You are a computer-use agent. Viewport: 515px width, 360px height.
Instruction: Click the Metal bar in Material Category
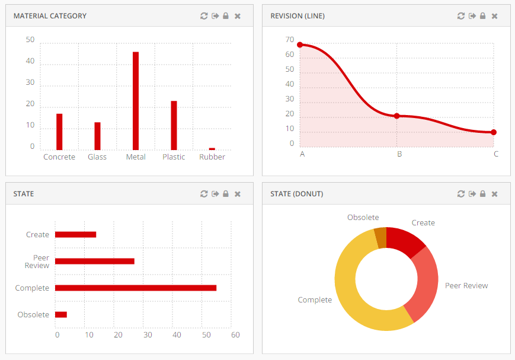pyautogui.click(x=136, y=101)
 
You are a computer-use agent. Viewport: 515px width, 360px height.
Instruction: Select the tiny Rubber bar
pyautogui.click(x=212, y=149)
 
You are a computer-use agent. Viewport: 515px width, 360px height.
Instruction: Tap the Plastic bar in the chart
pyautogui.click(x=174, y=125)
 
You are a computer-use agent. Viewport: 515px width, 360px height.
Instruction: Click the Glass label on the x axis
pyautogui.click(x=97, y=157)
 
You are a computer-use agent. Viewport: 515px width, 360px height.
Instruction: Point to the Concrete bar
pyautogui.click(x=59, y=132)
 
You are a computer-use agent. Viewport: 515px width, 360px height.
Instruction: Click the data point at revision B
pyautogui.click(x=397, y=116)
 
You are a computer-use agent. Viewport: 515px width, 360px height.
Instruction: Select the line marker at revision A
pyautogui.click(x=300, y=45)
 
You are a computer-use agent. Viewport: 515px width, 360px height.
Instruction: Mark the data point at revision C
pyautogui.click(x=494, y=132)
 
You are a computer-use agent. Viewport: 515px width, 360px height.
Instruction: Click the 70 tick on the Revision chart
pyautogui.click(x=290, y=40)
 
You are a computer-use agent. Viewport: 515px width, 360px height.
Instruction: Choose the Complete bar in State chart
pyautogui.click(x=136, y=288)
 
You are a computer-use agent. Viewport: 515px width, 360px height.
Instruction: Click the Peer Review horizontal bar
pyautogui.click(x=95, y=261)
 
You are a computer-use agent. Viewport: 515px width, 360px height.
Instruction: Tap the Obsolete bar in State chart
pyautogui.click(x=61, y=314)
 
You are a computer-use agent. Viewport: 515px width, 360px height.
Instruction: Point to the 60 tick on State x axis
pyautogui.click(x=235, y=335)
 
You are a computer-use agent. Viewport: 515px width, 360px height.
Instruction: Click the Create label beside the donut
pyautogui.click(x=423, y=223)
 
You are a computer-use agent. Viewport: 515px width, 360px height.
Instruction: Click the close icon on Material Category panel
pyautogui.click(x=238, y=16)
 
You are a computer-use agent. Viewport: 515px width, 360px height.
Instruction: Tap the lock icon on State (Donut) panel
pyautogui.click(x=482, y=194)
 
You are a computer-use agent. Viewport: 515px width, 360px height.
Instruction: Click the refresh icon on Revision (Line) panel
pyautogui.click(x=461, y=16)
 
